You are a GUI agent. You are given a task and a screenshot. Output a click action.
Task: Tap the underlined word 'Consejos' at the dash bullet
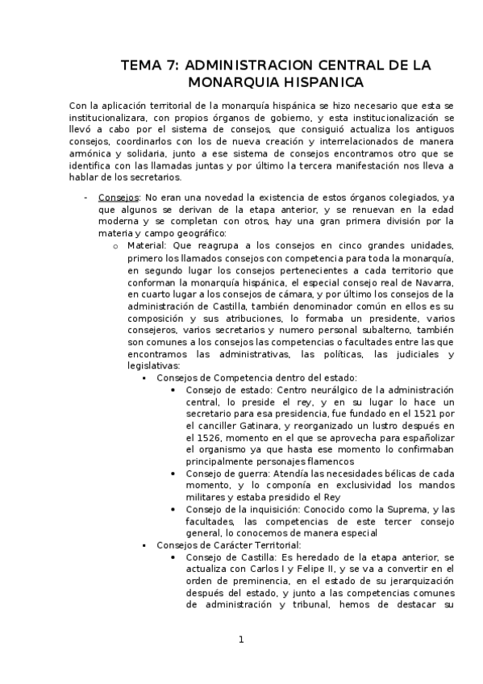point(116,197)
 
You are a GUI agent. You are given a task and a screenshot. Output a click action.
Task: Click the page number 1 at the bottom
point(240,640)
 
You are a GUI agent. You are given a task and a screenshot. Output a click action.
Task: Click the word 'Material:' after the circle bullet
point(150,245)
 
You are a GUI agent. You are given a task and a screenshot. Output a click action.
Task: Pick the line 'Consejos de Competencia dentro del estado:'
point(256,377)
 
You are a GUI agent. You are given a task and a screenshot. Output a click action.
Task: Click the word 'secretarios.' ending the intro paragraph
point(154,178)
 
